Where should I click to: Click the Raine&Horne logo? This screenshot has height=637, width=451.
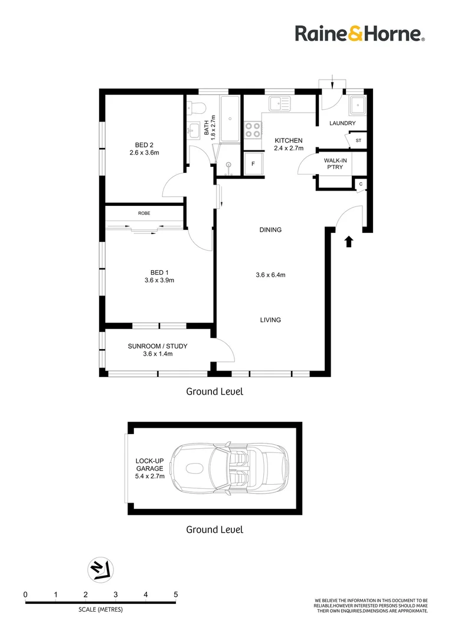360,34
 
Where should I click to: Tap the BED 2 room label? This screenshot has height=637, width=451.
145,145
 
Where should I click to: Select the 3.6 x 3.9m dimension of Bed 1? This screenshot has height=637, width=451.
159,280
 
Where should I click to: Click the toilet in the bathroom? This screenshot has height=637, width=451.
197,108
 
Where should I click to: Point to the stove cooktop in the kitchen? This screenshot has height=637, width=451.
253,130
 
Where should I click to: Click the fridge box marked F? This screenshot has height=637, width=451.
253,164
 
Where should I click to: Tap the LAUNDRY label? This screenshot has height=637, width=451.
342,123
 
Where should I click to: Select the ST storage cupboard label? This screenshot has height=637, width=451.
358,140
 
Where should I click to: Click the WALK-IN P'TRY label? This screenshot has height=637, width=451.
335,164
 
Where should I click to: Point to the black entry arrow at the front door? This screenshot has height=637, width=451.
349,242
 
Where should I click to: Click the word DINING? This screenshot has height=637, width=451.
270,230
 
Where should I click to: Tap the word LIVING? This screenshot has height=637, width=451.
270,320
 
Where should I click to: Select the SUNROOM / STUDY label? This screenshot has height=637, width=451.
158,346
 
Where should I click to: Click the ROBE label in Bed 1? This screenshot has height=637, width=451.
144,214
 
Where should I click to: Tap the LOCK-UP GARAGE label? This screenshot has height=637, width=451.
150,465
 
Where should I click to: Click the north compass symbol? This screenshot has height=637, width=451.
100,570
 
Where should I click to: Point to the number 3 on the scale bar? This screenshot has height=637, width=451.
116,595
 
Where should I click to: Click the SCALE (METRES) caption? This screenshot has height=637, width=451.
100,609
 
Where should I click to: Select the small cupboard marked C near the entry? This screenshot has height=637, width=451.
361,185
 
